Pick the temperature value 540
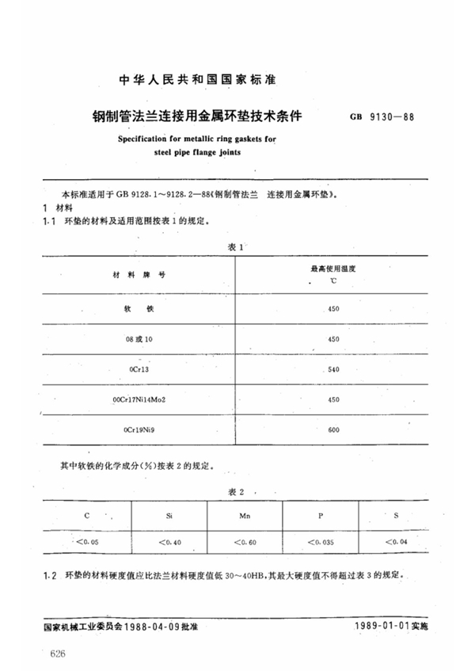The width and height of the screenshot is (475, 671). pyautogui.click(x=333, y=370)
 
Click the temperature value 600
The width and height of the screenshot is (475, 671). pyautogui.click(x=333, y=430)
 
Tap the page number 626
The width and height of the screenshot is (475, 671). pyautogui.click(x=57, y=651)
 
